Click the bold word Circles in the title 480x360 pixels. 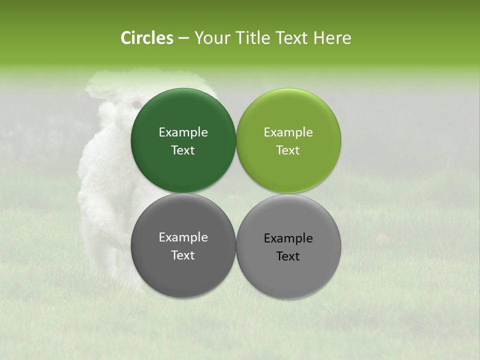click(x=147, y=38)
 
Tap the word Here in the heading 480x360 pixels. click(x=332, y=38)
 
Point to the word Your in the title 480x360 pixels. click(x=210, y=38)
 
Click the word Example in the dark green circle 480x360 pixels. click(x=183, y=132)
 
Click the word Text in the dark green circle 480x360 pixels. click(x=183, y=150)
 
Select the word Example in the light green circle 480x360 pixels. click(x=288, y=132)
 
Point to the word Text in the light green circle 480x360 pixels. click(x=288, y=150)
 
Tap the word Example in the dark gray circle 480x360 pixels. click(x=183, y=237)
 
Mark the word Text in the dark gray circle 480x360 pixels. click(x=183, y=255)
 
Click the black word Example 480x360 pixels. click(x=288, y=238)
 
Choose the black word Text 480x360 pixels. click(x=288, y=256)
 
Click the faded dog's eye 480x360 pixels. click(x=136, y=103)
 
